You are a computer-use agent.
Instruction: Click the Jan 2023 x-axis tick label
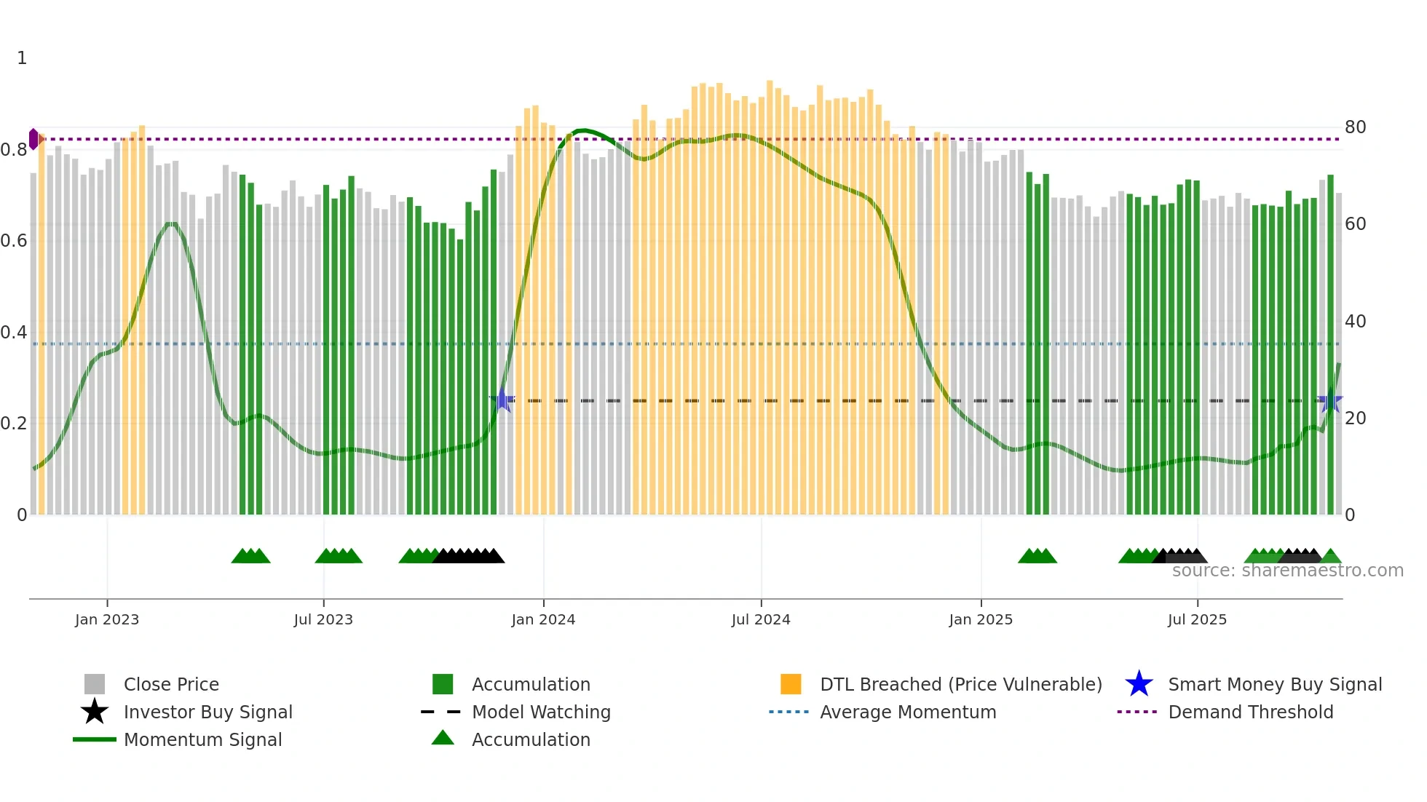point(107,619)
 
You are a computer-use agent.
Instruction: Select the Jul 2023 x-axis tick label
point(323,619)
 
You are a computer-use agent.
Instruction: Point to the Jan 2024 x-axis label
point(543,619)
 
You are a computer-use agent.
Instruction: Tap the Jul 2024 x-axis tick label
point(761,619)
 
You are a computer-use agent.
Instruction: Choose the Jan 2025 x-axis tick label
point(981,619)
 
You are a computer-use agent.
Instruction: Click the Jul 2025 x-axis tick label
point(1197,619)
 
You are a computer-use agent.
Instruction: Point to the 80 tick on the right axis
point(1355,127)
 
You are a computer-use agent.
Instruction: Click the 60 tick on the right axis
point(1355,224)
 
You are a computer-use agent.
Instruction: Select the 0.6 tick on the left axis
point(14,241)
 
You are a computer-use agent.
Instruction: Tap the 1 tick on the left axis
point(22,58)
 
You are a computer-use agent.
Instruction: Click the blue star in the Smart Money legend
point(1139,684)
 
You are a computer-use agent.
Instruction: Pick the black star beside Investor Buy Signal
point(95,712)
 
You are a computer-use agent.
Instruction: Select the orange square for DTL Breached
point(791,684)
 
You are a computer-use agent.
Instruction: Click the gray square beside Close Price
point(95,684)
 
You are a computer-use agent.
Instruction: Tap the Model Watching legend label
point(541,712)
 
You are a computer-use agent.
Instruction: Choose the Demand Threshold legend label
point(1250,712)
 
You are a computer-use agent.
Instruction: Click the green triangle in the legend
point(443,739)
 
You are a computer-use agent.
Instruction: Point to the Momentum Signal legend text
point(202,739)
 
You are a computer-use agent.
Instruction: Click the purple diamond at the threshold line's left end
point(33,139)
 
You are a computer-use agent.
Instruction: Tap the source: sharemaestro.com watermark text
point(1287,571)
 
